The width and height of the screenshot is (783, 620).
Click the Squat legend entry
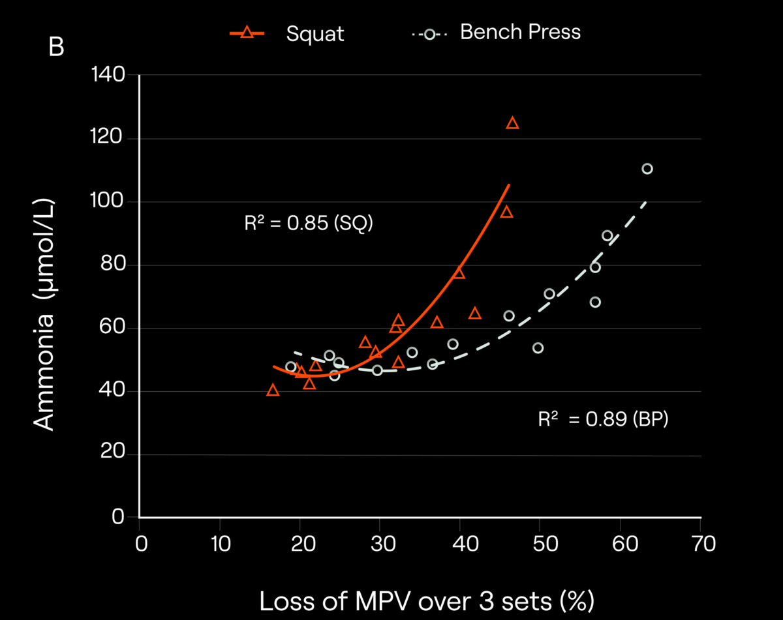(287, 33)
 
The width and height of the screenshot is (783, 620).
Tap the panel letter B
(57, 48)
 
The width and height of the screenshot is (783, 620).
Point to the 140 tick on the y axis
(110, 76)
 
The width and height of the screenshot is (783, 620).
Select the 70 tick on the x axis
(700, 543)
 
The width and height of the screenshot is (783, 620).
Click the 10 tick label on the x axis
(220, 543)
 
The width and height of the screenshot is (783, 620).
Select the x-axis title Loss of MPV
(427, 601)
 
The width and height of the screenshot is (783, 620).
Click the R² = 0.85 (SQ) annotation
(308, 224)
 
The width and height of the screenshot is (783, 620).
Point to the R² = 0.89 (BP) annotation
(603, 420)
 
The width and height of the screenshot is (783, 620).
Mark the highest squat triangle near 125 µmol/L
(512, 123)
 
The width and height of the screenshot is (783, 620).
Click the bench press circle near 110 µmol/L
(647, 169)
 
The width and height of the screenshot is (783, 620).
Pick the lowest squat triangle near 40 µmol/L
(273, 390)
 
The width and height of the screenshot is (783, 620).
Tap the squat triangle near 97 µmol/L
(506, 212)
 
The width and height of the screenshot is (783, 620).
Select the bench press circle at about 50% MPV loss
(538, 348)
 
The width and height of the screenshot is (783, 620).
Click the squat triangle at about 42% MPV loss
(475, 314)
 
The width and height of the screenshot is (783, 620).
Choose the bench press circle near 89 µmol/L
(607, 236)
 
